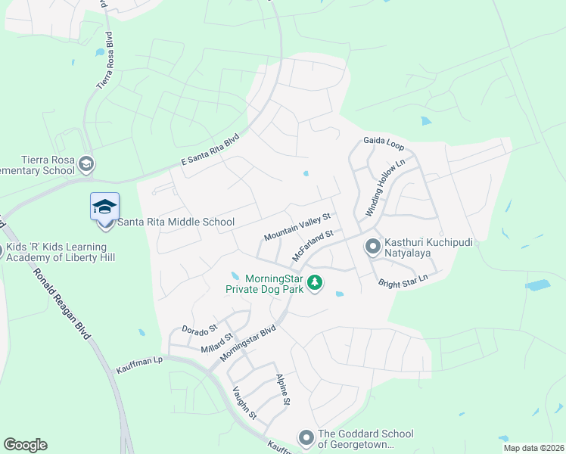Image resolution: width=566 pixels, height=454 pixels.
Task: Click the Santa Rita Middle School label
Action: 176,222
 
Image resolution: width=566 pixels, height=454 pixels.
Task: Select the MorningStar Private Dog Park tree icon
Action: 315,284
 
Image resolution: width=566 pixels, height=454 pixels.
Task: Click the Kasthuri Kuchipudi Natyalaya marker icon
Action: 372,246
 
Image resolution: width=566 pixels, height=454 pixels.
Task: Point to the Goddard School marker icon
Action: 306,437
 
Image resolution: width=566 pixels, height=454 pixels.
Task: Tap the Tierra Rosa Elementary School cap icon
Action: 87,164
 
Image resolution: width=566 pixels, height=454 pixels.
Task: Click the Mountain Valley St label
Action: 297,227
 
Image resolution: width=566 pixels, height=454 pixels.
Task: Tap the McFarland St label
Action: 313,247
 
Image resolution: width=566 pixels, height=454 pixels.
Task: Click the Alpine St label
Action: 283,390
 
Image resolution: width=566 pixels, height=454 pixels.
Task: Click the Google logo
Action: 25,445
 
